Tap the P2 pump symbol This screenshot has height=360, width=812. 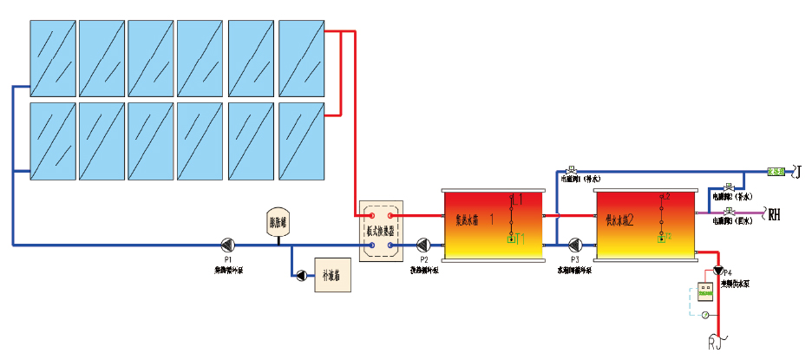click(x=424, y=245)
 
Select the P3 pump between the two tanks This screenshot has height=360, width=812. click(x=573, y=245)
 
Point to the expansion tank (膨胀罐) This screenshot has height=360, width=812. click(x=278, y=222)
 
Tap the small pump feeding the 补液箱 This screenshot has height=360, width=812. click(x=301, y=276)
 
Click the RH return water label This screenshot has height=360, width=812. click(x=774, y=212)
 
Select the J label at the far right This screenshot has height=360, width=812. click(x=799, y=173)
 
